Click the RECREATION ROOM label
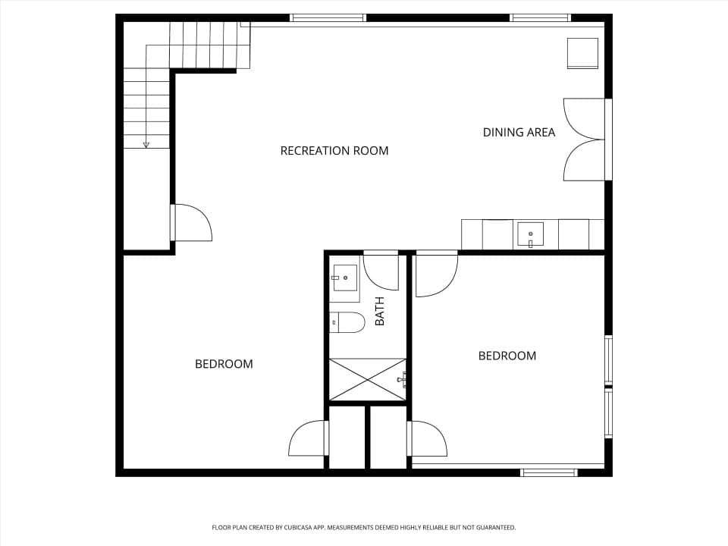(334, 150)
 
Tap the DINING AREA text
(519, 132)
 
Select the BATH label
(380, 311)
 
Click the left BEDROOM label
(224, 363)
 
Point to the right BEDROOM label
(507, 356)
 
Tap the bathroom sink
(344, 278)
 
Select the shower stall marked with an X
(367, 379)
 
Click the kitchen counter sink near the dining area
(531, 235)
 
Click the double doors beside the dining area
(585, 140)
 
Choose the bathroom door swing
(381, 271)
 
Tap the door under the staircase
(191, 222)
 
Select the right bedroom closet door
(427, 439)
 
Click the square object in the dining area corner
(582, 53)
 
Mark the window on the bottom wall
(549, 472)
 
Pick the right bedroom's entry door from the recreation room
(437, 274)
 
